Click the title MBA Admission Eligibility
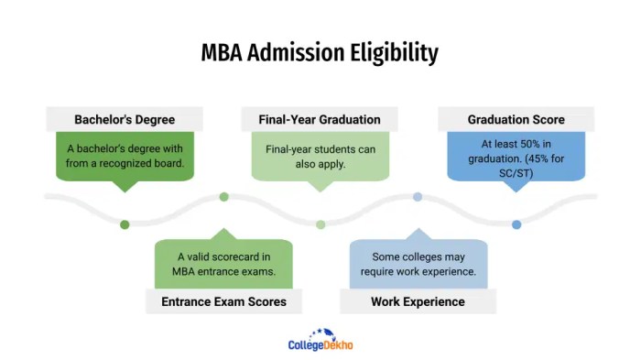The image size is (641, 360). point(320,53)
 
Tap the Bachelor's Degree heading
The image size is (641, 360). point(124,119)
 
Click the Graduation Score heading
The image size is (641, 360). point(516,119)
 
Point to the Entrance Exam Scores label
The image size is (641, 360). point(224,301)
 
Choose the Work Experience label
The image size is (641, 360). point(418,301)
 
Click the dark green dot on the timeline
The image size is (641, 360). point(125,224)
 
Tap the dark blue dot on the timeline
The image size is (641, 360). point(516,224)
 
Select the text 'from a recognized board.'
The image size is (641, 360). point(125,164)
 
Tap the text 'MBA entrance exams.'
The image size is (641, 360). point(224,270)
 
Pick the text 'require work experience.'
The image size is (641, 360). point(418,272)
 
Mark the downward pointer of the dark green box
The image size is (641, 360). point(125,186)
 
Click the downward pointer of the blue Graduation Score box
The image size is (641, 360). point(516,186)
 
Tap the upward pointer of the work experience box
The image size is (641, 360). point(418,235)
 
